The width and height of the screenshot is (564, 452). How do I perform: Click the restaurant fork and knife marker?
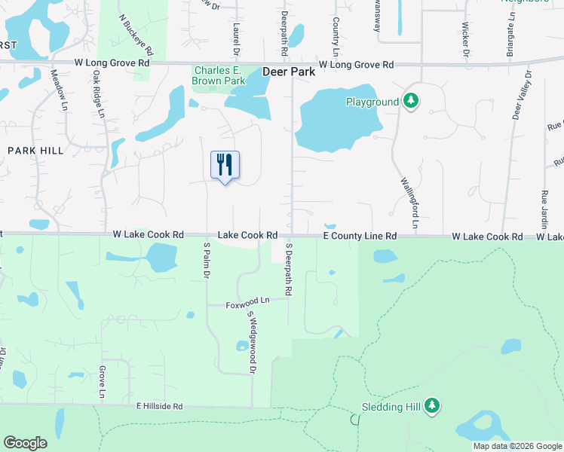click(225, 165)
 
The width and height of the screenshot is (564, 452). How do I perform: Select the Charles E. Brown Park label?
click(219, 75)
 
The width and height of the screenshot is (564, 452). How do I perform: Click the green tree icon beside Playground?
click(410, 101)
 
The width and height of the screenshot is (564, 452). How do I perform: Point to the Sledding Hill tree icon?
click(432, 407)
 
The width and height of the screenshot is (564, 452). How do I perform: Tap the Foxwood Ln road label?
click(247, 305)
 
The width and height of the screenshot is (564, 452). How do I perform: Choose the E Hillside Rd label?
click(160, 406)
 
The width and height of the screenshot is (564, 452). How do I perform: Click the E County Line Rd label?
click(360, 236)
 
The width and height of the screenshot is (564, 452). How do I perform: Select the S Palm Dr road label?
click(206, 259)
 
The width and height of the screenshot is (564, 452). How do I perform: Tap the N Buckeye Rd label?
click(136, 35)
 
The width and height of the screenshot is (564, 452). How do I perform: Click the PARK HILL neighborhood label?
click(35, 151)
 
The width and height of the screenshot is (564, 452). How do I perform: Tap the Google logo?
click(25, 443)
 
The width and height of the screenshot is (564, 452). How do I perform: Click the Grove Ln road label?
click(101, 384)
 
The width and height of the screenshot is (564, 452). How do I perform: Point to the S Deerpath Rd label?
click(288, 269)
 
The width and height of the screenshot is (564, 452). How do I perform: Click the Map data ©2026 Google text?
click(516, 446)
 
